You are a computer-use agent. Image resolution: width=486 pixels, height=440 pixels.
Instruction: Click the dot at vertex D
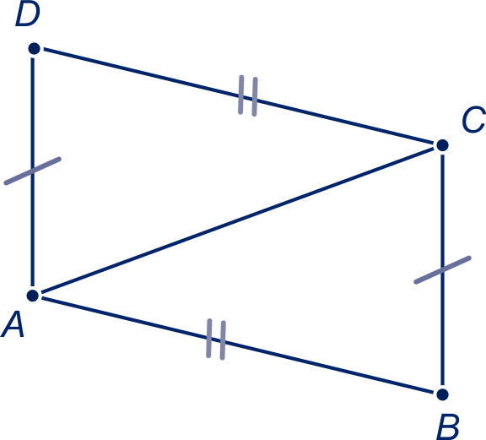point(34,49)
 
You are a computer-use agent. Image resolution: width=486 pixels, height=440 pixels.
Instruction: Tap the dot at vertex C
point(442,145)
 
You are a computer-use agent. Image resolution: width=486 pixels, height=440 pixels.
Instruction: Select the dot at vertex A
point(33,296)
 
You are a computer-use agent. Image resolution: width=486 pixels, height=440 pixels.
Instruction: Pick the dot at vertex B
point(442,394)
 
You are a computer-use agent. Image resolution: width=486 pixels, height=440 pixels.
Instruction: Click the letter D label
point(28,14)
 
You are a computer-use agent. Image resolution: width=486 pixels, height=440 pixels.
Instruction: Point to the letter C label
point(473,119)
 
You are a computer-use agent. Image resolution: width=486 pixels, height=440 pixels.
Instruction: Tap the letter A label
point(13,325)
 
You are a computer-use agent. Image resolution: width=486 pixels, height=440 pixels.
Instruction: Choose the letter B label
point(447,426)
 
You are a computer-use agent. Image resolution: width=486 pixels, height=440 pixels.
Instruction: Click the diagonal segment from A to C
point(237,220)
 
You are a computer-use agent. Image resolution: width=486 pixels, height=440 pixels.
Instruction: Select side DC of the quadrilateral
point(238,97)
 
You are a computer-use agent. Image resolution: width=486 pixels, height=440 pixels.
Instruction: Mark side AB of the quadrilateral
point(237,345)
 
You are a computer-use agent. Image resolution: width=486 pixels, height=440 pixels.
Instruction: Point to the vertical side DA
point(33,172)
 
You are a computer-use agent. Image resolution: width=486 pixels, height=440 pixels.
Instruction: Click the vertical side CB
point(442,269)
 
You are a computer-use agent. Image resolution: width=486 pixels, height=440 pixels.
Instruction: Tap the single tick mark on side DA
point(33,171)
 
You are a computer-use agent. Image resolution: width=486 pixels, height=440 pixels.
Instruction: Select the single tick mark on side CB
point(443,270)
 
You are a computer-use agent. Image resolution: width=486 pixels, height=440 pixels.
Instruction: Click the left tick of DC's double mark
point(240,95)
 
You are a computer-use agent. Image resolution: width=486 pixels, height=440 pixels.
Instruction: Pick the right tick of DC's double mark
point(255,97)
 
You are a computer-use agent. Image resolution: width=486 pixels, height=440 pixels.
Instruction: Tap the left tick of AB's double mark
point(209,338)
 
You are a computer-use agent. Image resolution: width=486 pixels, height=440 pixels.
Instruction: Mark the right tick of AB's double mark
point(223,340)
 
